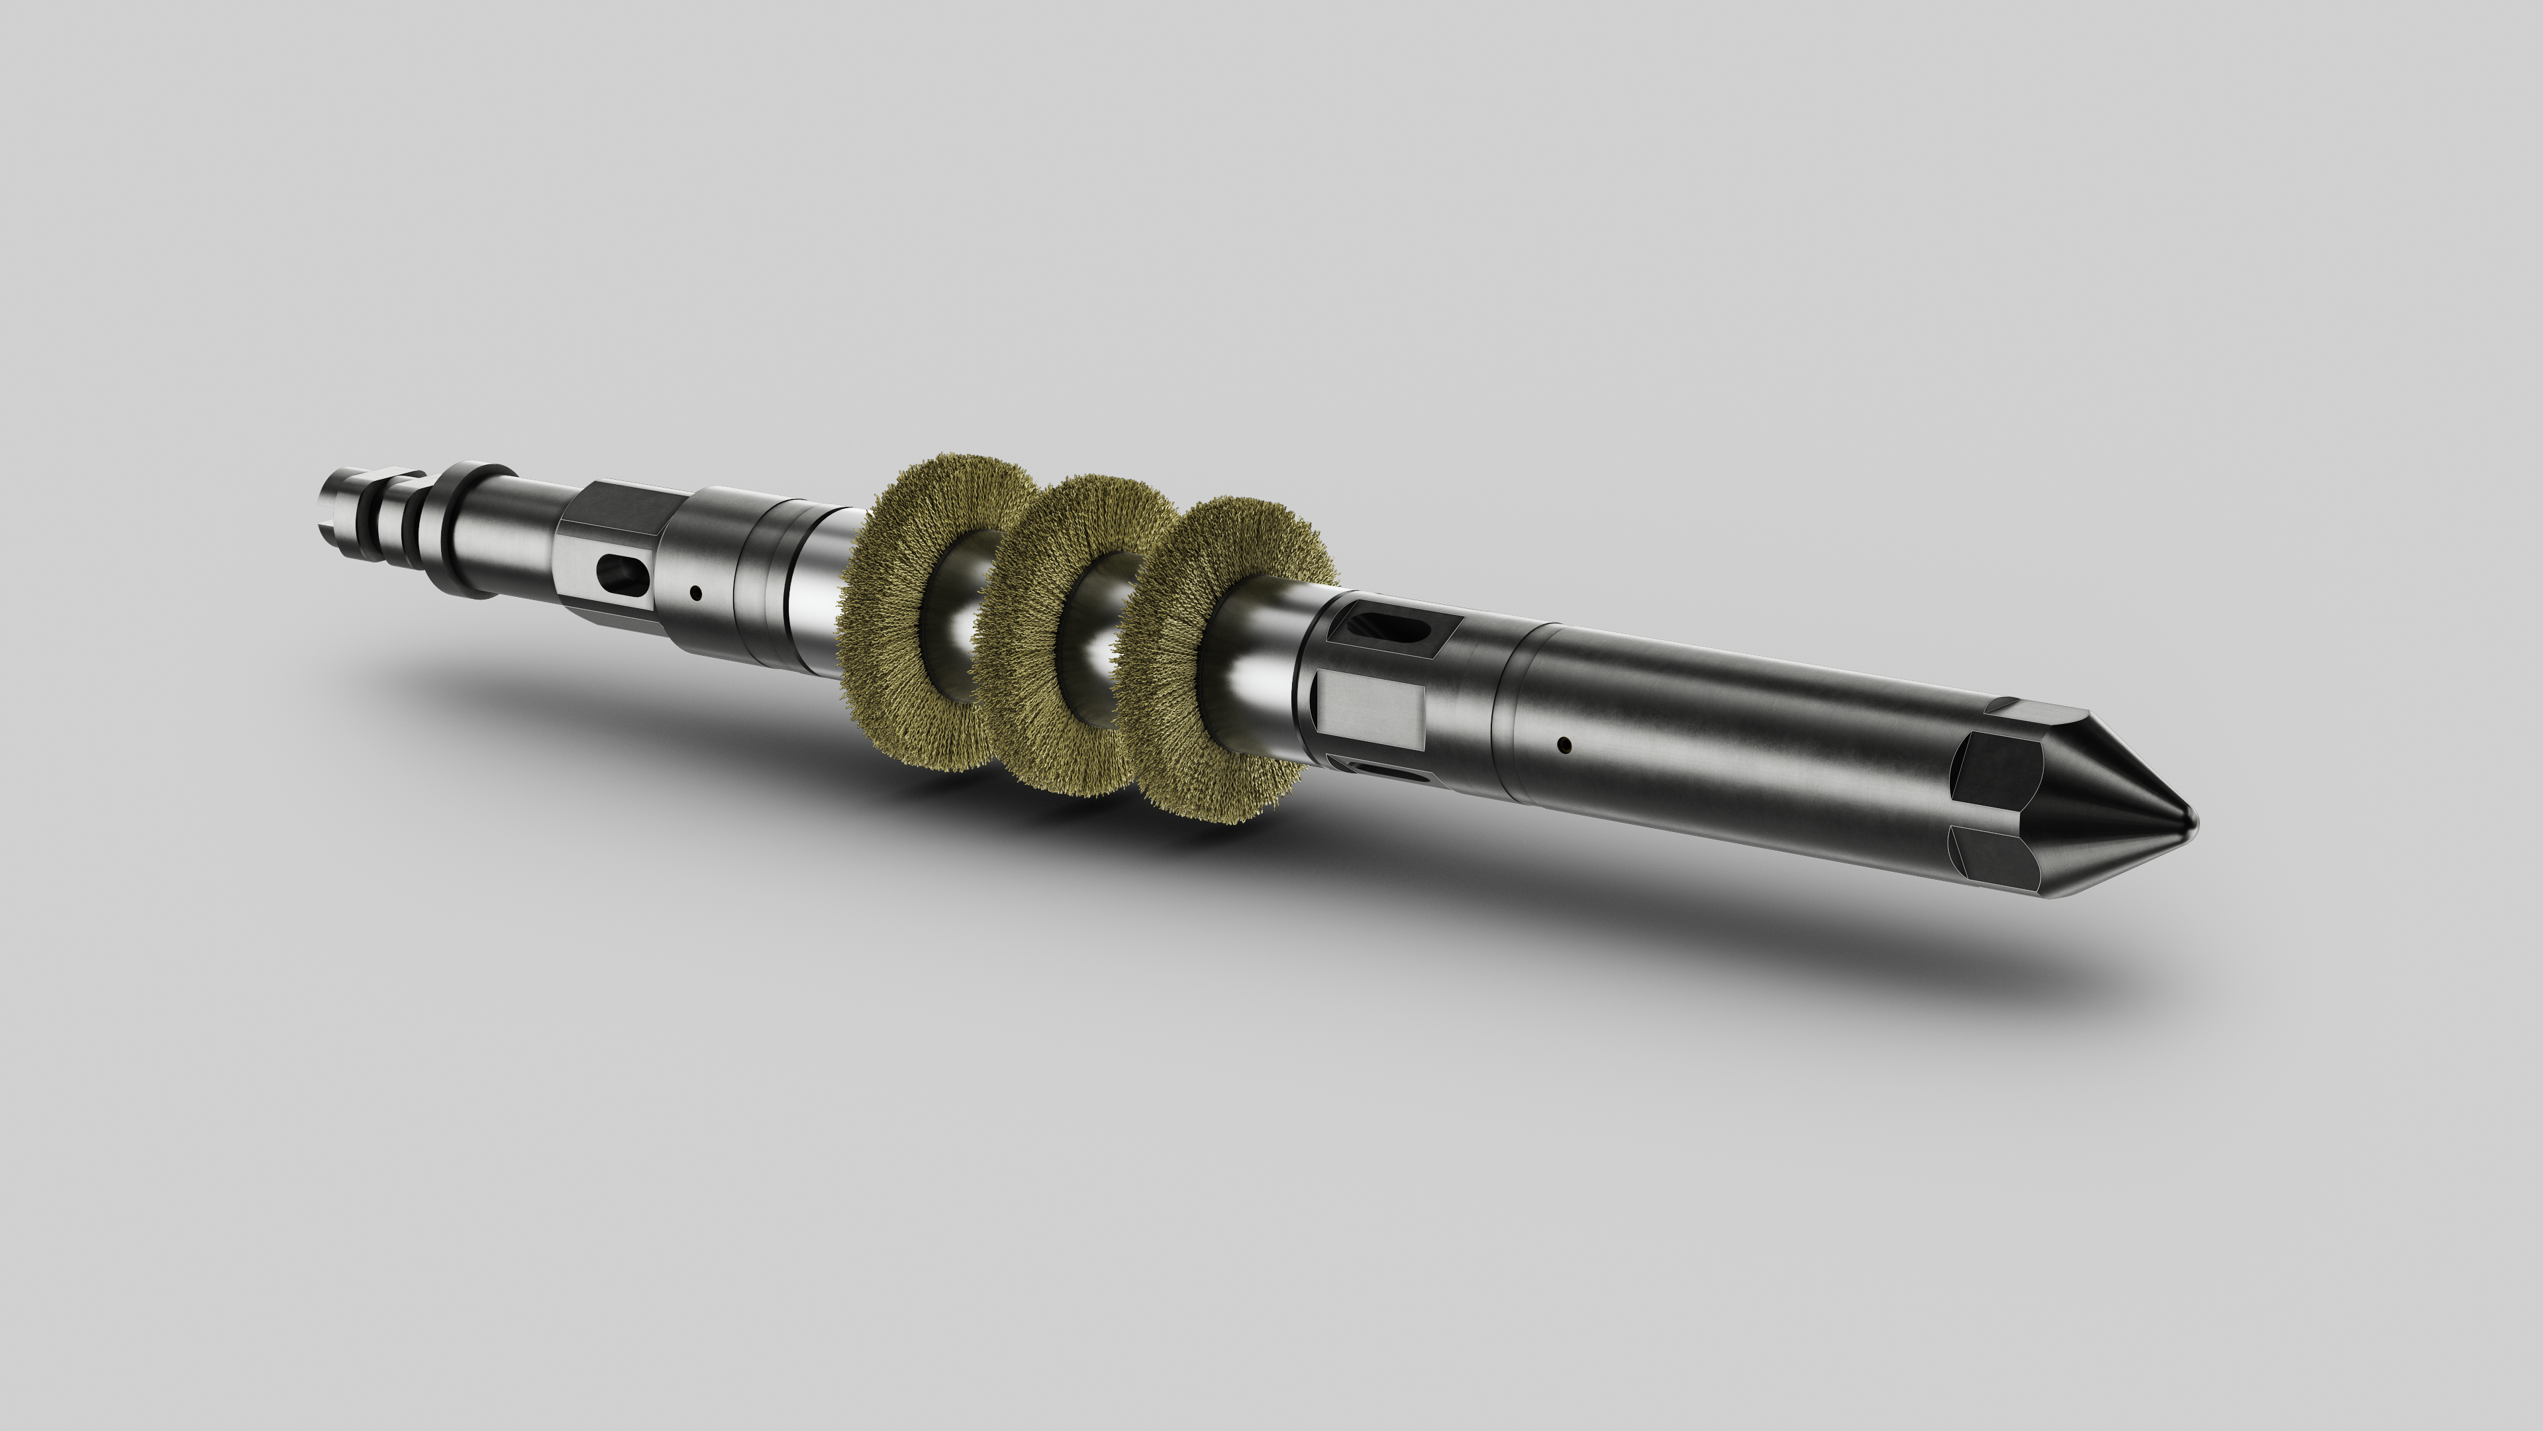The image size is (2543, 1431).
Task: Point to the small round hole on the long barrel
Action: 1563,743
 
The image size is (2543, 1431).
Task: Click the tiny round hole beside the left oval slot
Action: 696,594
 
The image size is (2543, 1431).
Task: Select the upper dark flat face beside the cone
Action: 2000,770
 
